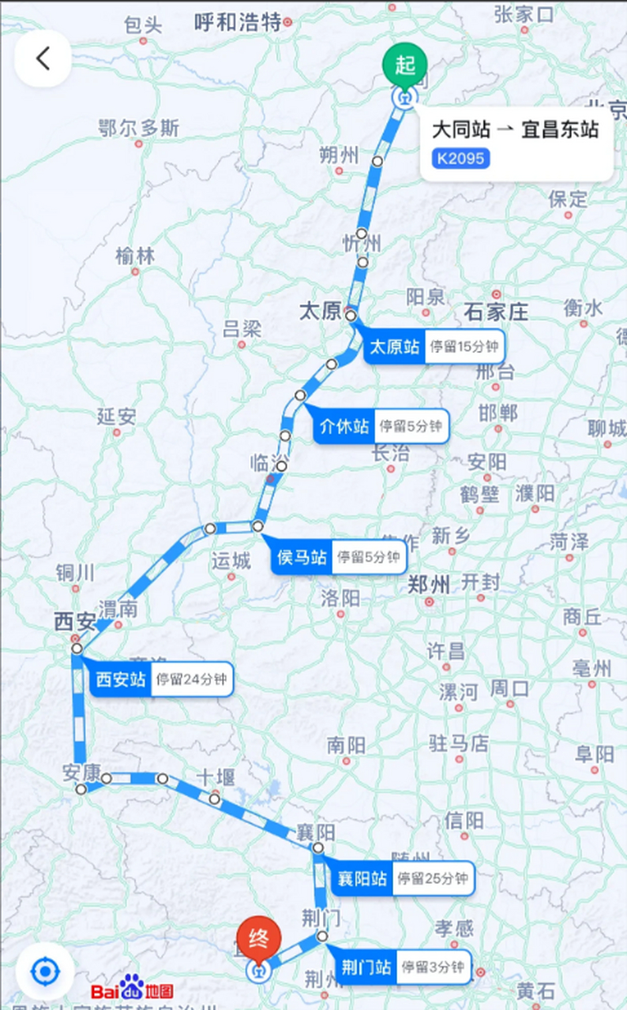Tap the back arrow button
coord(43,58)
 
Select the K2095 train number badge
coord(461,159)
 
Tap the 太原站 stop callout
coord(434,346)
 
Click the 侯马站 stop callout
coord(339,557)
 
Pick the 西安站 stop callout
coord(161,679)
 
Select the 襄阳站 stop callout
coord(403,878)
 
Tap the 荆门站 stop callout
coord(404,966)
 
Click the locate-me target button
coord(44,970)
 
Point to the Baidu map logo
coord(132,990)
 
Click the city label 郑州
coord(429,585)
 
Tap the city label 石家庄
coord(496,311)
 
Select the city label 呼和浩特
coord(238,23)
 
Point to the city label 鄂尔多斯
coord(139,128)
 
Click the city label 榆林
coord(135,256)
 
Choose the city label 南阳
coord(347,744)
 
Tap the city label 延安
coord(117,416)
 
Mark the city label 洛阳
coord(340,598)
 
